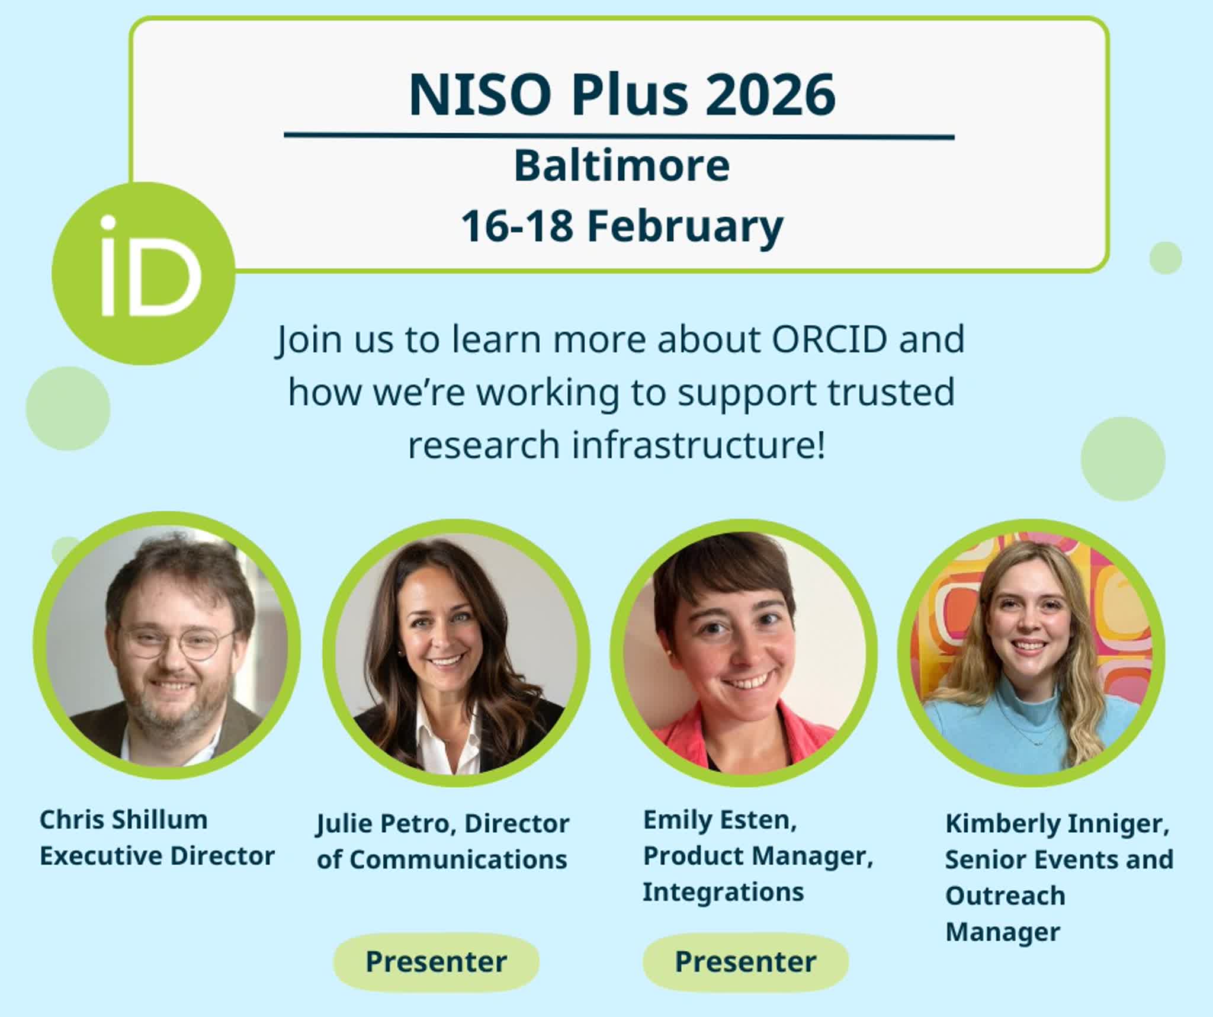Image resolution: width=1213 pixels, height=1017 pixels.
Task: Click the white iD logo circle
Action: coord(144,273)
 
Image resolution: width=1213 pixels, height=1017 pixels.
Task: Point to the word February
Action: coord(685,227)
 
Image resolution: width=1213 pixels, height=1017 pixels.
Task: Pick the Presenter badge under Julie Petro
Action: coord(437,961)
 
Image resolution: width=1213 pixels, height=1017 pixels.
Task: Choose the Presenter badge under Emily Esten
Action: coord(746,961)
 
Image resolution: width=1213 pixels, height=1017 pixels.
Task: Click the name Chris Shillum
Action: coord(123,820)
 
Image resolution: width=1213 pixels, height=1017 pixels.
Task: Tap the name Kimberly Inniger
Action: coord(1057,824)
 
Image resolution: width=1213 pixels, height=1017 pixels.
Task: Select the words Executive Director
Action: coord(157,856)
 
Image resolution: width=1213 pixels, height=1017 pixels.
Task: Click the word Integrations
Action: coord(723,892)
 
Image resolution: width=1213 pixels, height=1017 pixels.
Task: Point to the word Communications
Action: coord(458,859)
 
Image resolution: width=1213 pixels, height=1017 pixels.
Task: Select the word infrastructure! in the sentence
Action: coord(698,445)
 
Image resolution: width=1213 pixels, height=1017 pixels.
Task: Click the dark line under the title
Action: coord(619,136)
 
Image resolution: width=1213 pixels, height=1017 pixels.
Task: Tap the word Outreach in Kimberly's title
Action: coord(1005,896)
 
